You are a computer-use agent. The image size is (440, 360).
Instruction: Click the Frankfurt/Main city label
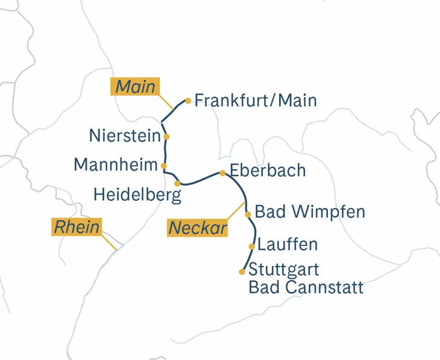256,100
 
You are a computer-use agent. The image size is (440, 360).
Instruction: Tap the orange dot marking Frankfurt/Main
188,101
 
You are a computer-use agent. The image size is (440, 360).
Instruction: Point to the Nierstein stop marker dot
166,136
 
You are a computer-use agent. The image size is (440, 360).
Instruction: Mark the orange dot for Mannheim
163,165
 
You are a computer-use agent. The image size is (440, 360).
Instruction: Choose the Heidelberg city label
137,194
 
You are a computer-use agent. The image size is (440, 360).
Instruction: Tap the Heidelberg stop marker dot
177,183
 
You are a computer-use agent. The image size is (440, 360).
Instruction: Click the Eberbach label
268,171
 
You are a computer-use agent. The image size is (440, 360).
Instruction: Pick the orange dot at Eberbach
222,173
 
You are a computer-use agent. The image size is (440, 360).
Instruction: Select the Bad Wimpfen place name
310,212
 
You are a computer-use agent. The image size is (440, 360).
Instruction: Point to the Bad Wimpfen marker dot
248,213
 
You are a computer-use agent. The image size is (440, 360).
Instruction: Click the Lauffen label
287,245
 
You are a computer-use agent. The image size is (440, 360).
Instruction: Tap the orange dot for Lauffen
251,246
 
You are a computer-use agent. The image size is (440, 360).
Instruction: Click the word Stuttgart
283,269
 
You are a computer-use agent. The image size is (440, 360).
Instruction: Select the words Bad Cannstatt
306,287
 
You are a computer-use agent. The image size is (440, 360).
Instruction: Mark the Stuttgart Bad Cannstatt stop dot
242,272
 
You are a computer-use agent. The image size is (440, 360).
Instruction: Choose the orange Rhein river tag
76,227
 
